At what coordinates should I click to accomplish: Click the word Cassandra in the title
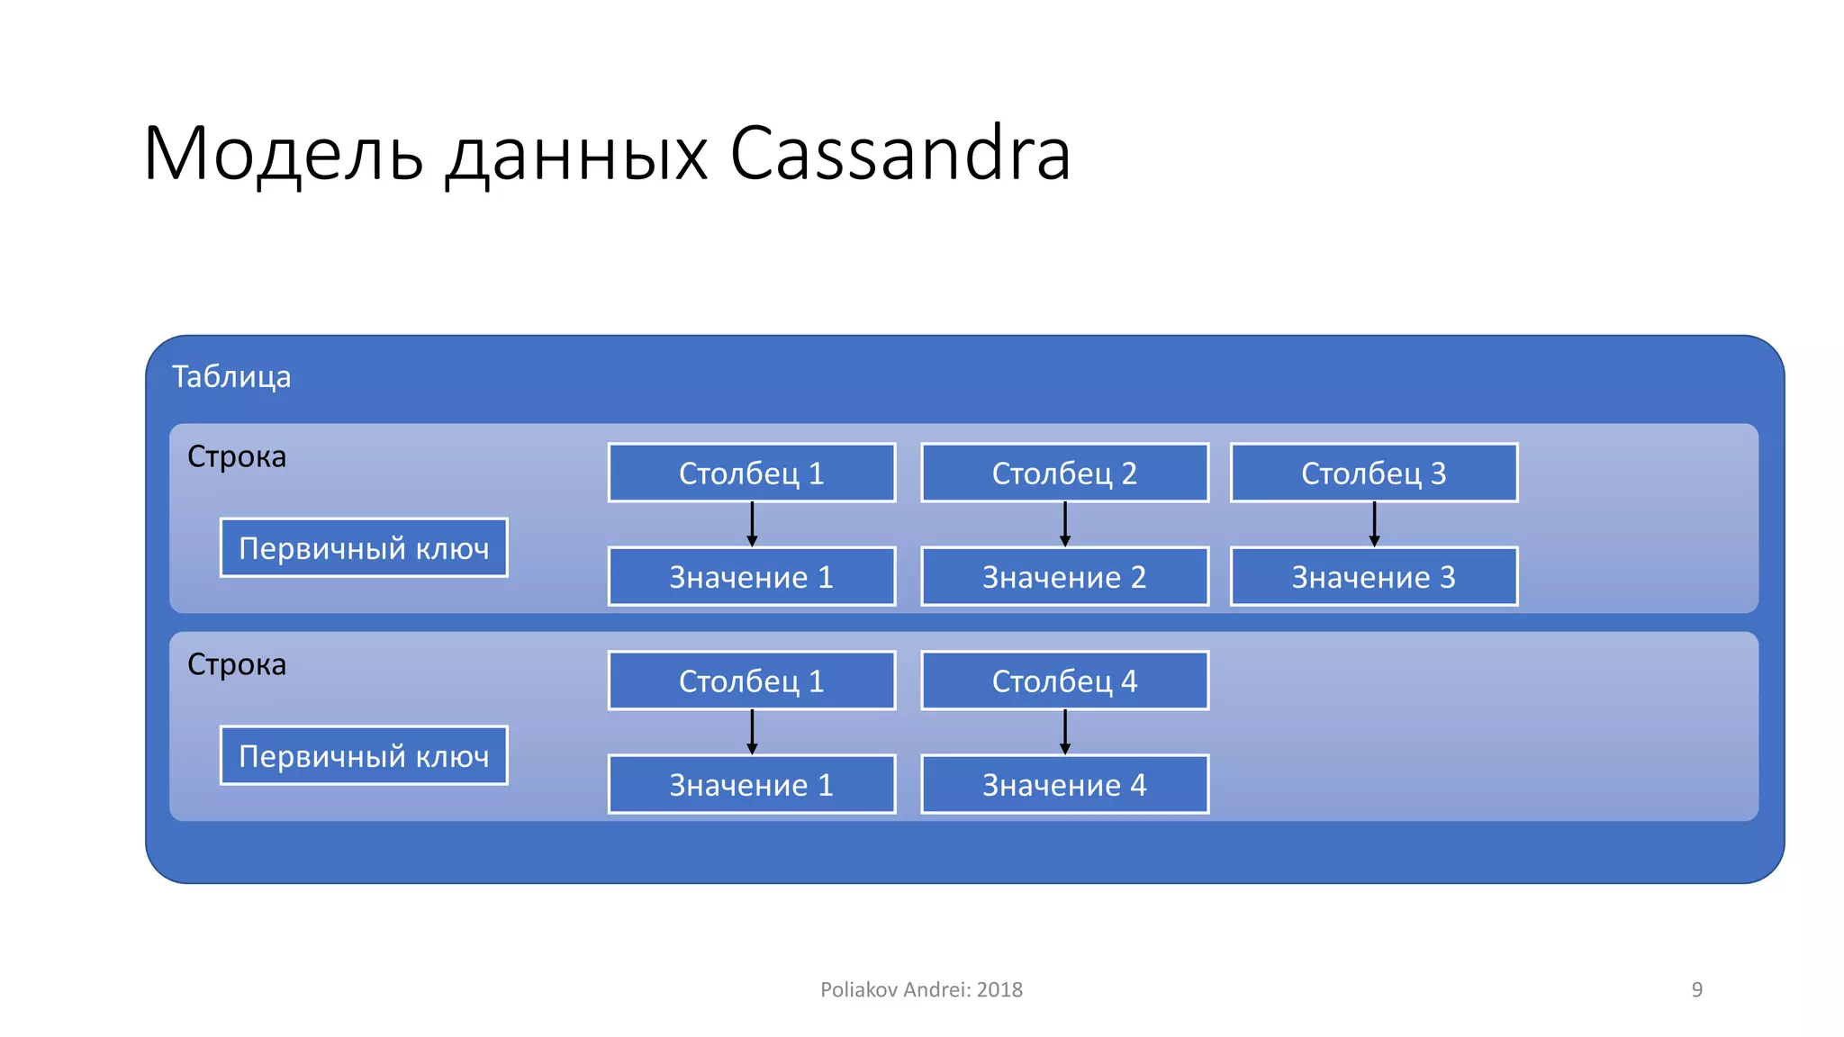pos(899,154)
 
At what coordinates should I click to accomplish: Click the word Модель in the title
pos(283,154)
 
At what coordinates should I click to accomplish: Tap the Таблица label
pos(231,376)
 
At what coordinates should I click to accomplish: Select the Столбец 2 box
pos(1064,473)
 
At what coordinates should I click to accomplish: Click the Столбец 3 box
pos(1373,473)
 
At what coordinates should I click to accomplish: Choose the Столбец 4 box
pos(1064,681)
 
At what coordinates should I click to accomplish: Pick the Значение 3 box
pos(1373,576)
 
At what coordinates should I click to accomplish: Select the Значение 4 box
pos(1064,784)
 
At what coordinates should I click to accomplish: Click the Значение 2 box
pos(1064,576)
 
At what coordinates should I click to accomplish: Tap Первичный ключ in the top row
pos(364,547)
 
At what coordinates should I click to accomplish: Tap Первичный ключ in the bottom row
pos(364,755)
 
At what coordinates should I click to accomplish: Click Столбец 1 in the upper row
pos(751,473)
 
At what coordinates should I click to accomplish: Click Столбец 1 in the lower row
pos(751,681)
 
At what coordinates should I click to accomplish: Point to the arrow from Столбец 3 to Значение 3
pos(1374,524)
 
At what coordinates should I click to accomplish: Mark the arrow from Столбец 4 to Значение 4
pos(1065,732)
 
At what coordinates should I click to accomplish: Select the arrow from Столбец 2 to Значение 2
pos(1065,524)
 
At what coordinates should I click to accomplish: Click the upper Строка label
pos(237,456)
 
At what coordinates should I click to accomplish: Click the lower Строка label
pos(237,664)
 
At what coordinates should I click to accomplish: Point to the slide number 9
pos(1696,989)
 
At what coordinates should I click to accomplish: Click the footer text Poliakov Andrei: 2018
pos(921,989)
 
